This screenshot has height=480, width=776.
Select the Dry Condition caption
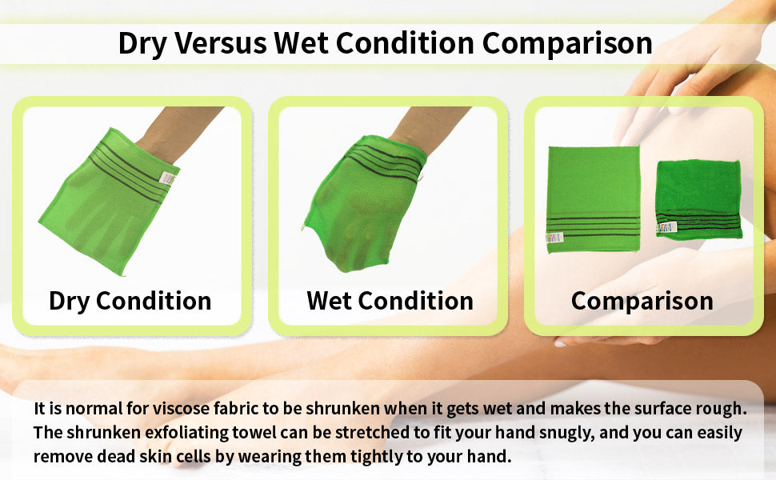pyautogui.click(x=130, y=301)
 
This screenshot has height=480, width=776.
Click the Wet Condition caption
pyautogui.click(x=390, y=301)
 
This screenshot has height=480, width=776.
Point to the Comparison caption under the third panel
pyautogui.click(x=642, y=301)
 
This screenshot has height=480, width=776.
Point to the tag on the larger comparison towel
pyautogui.click(x=553, y=237)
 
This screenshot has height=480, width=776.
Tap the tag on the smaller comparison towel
pyautogui.click(x=663, y=228)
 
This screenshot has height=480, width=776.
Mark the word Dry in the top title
pyautogui.click(x=140, y=43)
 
